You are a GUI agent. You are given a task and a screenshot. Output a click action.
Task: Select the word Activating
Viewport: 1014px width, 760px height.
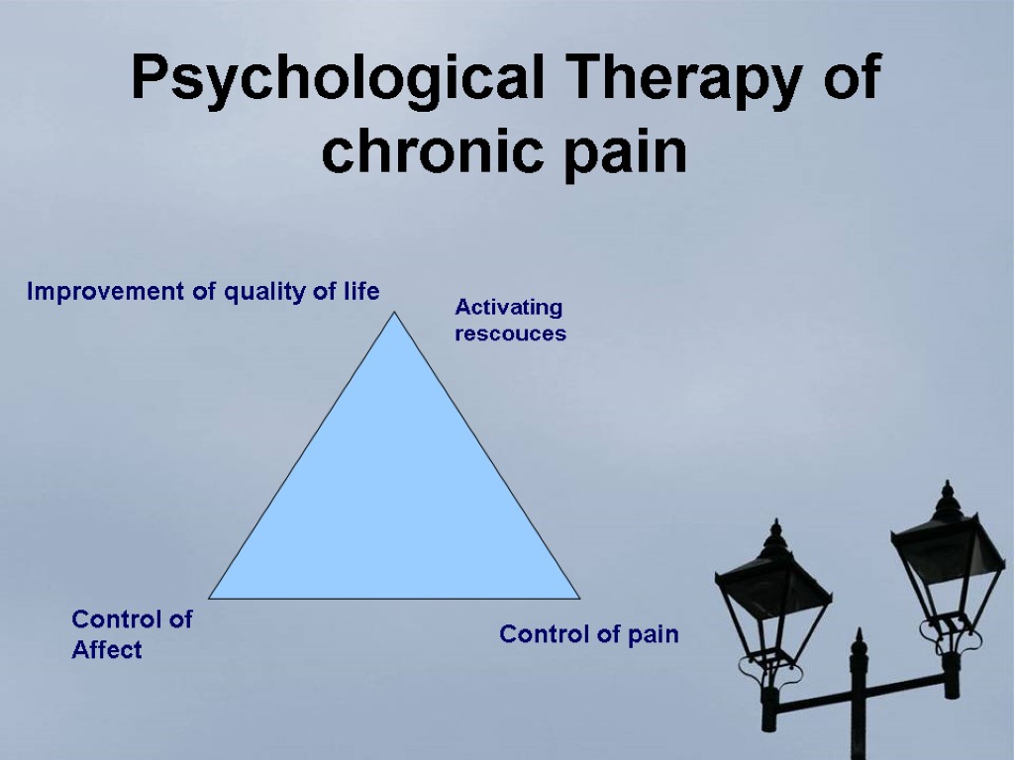pyautogui.click(x=508, y=308)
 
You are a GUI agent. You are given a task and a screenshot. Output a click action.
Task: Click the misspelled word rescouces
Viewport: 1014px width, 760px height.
pyautogui.click(x=510, y=333)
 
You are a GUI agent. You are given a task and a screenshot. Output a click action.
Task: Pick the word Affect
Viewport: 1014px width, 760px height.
pyautogui.click(x=107, y=650)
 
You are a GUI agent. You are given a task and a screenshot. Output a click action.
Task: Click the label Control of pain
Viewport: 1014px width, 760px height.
pyautogui.click(x=589, y=634)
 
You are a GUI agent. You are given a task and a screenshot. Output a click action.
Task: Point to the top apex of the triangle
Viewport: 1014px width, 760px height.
pyautogui.click(x=394, y=314)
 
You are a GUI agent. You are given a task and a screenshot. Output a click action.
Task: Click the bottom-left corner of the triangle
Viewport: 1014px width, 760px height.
pyautogui.click(x=211, y=597)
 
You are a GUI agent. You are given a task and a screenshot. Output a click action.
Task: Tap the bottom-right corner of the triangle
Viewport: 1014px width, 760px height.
pyautogui.click(x=578, y=597)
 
